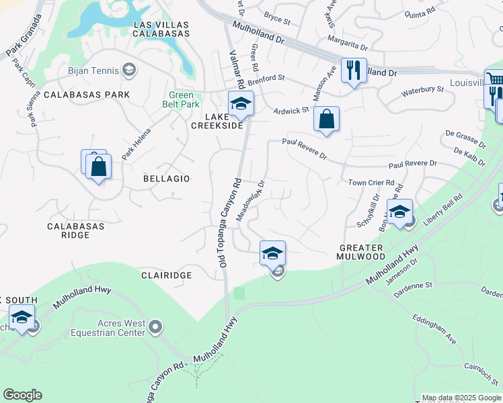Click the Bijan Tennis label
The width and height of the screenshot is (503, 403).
(93, 70)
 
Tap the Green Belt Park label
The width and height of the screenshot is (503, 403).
(184, 99)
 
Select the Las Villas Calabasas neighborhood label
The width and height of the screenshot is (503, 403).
(161, 29)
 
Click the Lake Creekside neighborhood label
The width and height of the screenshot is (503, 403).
(217, 120)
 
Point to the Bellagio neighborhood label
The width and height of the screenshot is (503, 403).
(166, 179)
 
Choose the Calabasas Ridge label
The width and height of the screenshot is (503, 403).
(75, 230)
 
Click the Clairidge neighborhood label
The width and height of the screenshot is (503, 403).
(167, 275)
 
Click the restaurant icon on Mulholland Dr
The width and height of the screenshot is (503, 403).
(354, 70)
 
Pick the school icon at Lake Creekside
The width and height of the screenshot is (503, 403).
(240, 103)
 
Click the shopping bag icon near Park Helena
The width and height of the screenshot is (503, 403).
(98, 166)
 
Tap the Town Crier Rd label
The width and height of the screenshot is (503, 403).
(371, 182)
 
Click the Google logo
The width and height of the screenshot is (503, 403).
(22, 395)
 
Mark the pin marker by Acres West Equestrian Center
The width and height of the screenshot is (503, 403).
(156, 327)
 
